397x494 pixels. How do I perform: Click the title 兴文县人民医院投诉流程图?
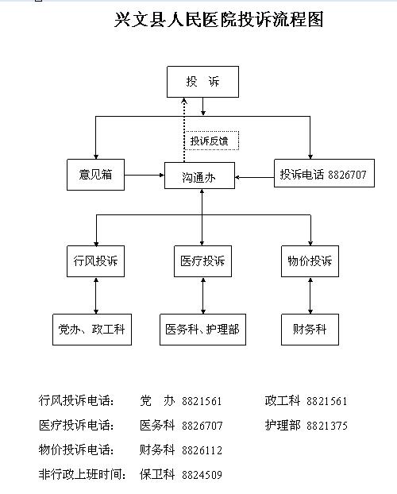click(219, 20)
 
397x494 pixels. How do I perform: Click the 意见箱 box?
click(96, 175)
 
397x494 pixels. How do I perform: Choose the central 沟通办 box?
click(201, 176)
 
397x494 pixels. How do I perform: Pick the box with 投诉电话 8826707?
click(323, 174)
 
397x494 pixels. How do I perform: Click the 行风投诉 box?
click(96, 261)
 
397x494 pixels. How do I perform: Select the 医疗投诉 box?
click(202, 261)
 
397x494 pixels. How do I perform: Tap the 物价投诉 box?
click(310, 261)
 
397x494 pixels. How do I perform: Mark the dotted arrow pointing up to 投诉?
click(183, 127)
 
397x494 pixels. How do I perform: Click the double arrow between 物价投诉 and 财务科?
click(310, 295)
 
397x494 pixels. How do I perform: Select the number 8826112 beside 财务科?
click(202, 450)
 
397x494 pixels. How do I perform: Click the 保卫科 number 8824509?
click(202, 475)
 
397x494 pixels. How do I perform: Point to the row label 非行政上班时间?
click(82, 475)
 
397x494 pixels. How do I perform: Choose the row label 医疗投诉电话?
click(76, 426)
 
